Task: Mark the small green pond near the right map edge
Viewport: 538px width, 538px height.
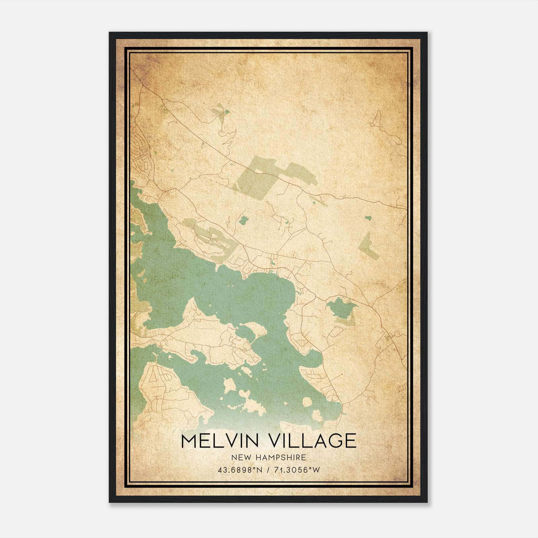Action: [368, 218]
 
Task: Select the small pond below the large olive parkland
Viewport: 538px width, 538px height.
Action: [243, 220]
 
